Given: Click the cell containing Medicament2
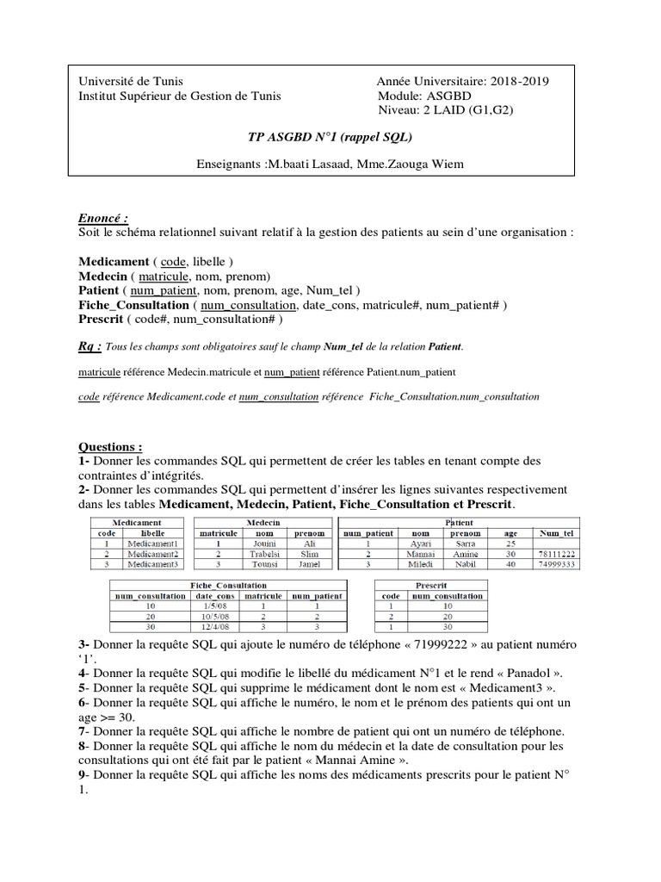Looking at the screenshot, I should coord(151,554).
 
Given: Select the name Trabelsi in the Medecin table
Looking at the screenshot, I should coord(263,554).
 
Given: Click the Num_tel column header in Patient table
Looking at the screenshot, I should coord(555,533).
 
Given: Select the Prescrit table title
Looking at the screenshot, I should coord(430,585).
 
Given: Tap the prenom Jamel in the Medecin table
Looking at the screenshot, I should coord(310,564).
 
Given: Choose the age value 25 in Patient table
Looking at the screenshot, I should coord(510,543).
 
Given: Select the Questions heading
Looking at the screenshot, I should coord(110,447).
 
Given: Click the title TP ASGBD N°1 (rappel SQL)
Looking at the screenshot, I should coord(330,136).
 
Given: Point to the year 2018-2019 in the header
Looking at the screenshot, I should coord(520,81).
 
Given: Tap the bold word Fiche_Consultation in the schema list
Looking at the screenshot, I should coord(133,304).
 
